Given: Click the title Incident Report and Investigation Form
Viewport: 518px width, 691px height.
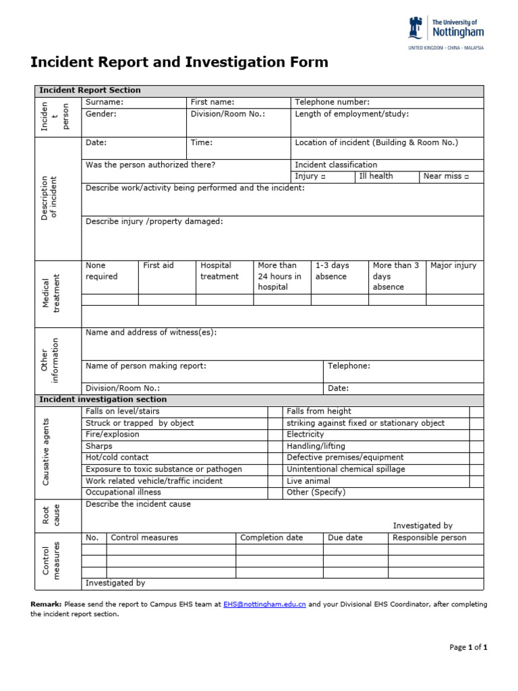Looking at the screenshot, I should [179, 63].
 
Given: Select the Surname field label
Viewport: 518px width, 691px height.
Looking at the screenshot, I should [105, 102].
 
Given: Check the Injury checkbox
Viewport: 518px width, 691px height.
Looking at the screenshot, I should [323, 177].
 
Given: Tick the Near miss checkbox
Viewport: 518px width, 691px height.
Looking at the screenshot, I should [465, 177].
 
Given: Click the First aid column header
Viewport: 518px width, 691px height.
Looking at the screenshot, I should [159, 265].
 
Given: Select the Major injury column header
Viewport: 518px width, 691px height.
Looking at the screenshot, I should [453, 265].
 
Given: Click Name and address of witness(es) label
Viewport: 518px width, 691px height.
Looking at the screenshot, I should [151, 332].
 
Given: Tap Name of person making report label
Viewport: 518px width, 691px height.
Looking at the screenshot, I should [146, 366].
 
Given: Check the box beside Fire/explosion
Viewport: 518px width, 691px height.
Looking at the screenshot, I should [275, 435].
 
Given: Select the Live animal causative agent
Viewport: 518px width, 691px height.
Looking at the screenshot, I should [308, 481].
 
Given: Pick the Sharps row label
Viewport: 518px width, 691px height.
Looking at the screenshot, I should [99, 446].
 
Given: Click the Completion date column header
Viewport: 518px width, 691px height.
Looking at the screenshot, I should [271, 538].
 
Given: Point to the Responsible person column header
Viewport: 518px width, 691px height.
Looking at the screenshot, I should [429, 538].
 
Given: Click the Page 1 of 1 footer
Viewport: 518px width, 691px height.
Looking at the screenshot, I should [468, 647].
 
